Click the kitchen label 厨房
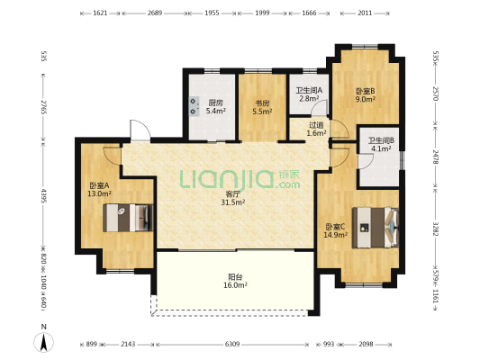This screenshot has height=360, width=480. (215, 103)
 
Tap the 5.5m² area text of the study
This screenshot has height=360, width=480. (262, 112)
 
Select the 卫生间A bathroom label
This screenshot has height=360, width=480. (309, 91)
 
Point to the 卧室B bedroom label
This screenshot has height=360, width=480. (366, 91)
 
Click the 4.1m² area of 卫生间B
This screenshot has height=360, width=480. (381, 149)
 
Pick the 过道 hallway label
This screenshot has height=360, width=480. (316, 125)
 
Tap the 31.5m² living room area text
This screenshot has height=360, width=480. (232, 202)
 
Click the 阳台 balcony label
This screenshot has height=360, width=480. (235, 277)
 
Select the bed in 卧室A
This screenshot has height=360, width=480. (128, 218)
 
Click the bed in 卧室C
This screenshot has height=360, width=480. (376, 228)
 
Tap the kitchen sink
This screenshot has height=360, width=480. (195, 106)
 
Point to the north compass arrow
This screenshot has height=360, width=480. (44, 342)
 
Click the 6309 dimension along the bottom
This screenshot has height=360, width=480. (232, 345)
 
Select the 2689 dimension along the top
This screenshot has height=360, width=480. (155, 13)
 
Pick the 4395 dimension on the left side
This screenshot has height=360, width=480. (44, 196)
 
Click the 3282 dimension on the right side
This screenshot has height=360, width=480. (436, 228)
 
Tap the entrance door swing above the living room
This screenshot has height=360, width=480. (140, 130)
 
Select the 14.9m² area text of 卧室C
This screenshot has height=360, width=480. (336, 235)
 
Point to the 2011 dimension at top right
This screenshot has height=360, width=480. (365, 13)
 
